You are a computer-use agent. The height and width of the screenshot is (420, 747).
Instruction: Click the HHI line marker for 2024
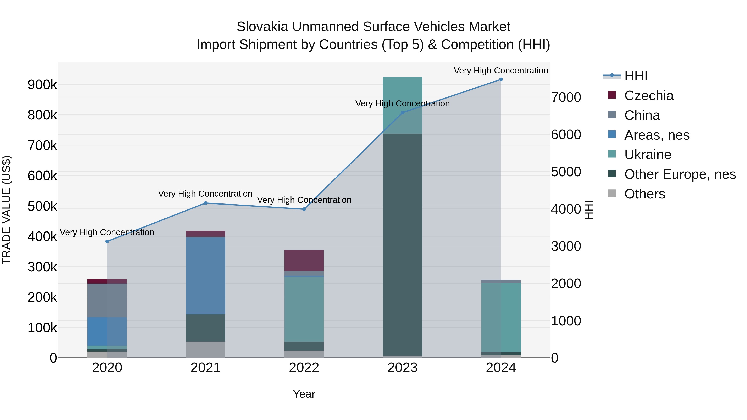[501, 79]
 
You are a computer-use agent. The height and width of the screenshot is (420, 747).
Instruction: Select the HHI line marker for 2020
[107, 241]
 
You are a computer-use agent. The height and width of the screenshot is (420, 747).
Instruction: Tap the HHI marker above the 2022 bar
[304, 209]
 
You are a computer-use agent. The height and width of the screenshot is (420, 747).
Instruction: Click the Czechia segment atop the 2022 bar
[304, 260]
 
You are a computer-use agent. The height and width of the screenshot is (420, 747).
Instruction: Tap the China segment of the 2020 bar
[107, 300]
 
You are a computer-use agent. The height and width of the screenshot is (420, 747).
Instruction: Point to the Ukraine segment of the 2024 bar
[501, 317]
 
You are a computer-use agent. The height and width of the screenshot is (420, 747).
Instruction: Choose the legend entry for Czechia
[649, 96]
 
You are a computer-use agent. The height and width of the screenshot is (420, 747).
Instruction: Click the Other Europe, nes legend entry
[680, 174]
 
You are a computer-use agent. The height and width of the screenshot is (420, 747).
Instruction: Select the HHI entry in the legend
[636, 76]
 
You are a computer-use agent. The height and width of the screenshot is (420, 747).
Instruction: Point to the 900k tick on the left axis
[42, 85]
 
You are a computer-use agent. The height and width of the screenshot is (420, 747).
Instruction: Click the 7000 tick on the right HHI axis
[566, 97]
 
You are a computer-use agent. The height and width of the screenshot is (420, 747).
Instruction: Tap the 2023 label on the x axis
[403, 368]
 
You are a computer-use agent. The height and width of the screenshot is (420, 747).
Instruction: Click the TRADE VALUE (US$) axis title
[7, 210]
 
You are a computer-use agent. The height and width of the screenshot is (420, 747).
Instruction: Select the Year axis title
[304, 394]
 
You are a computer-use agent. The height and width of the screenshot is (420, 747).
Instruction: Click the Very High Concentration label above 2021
[205, 194]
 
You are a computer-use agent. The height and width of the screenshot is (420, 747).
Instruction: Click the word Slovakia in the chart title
[262, 27]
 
